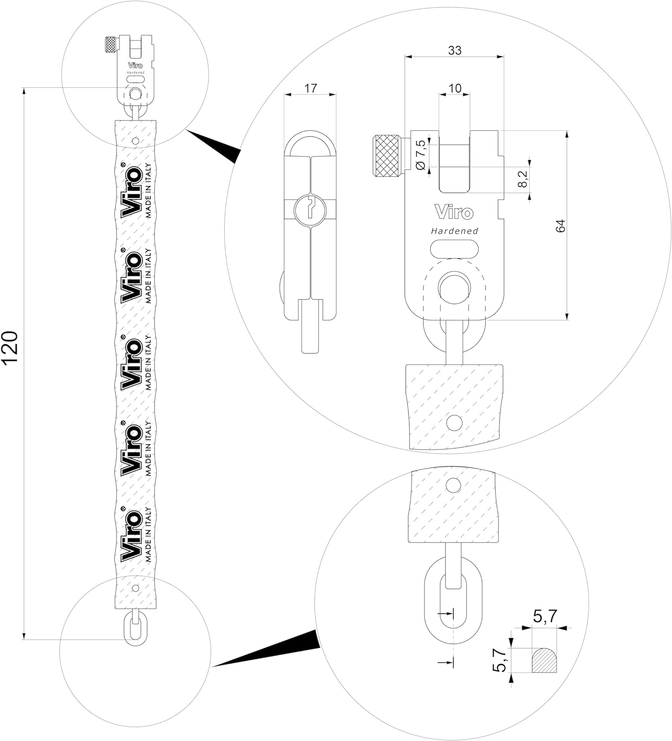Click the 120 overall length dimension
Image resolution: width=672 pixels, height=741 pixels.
[x=11, y=348]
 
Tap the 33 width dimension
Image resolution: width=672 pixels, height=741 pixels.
[x=455, y=50]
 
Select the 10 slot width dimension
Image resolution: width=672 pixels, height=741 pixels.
[x=455, y=88]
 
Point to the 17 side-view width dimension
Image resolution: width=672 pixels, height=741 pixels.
[x=310, y=88]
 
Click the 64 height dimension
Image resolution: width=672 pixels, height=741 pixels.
[x=560, y=226]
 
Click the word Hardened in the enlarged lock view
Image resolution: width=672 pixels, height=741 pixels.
[x=455, y=231]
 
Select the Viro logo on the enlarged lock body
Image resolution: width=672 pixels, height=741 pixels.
[x=454, y=212]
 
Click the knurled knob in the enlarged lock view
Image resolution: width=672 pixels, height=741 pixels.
[x=387, y=155]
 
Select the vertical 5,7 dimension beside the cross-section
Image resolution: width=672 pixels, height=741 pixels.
[x=500, y=660]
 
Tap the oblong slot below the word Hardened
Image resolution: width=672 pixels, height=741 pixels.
[x=455, y=248]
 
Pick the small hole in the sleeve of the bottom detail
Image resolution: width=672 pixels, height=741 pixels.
[x=453, y=485]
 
